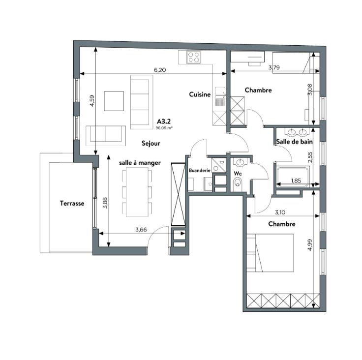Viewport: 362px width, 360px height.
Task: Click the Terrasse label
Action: [x=72, y=204]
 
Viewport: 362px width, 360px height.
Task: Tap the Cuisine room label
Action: [x=200, y=94]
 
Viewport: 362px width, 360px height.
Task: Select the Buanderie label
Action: [x=200, y=171]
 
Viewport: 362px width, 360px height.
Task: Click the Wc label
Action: [x=238, y=174]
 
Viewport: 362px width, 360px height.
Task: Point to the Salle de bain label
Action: [x=295, y=142]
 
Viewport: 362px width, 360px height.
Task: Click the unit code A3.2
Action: [x=164, y=121]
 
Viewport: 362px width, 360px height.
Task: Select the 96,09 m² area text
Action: [x=164, y=128]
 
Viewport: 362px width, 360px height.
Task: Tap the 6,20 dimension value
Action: [x=160, y=70]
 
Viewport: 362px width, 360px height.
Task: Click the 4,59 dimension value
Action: [x=92, y=101]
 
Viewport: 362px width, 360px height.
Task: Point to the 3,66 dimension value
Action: [x=141, y=230]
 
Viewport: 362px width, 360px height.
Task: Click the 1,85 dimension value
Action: [x=296, y=180]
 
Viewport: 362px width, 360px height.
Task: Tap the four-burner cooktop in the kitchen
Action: [x=193, y=57]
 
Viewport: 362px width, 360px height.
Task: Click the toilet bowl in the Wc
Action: [x=238, y=184]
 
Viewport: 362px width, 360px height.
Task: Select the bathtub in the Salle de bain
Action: [x=293, y=176]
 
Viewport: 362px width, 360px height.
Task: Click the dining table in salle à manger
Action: [x=137, y=192]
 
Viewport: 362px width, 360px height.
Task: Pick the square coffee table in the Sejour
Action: [x=114, y=101]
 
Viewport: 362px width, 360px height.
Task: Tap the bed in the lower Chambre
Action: [x=270, y=253]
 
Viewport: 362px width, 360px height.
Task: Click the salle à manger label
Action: [x=140, y=163]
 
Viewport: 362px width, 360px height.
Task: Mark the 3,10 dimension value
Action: [x=280, y=212]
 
